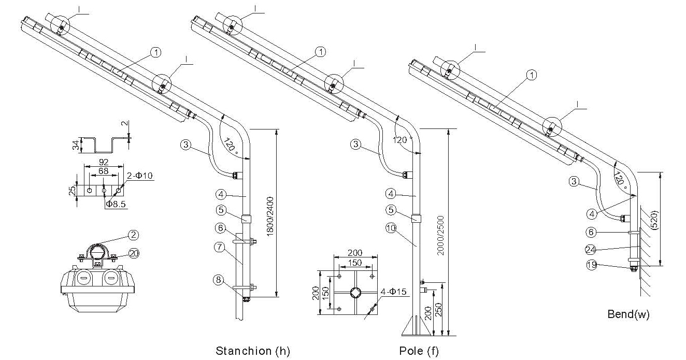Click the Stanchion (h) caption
point(252,351)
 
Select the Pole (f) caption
point(419,351)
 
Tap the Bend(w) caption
point(628,314)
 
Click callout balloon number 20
point(134,253)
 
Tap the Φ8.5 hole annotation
point(116,204)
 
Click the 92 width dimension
point(103,162)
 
